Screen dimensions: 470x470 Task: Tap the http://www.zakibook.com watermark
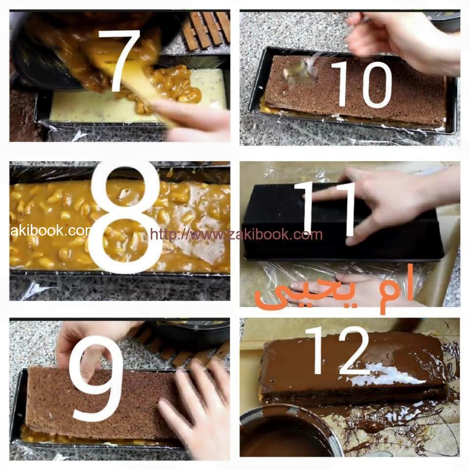(236, 234)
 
